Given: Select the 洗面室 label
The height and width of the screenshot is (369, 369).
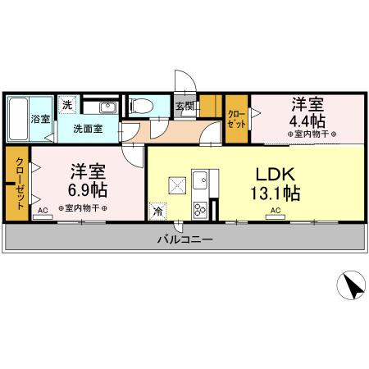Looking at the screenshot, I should pos(86,129).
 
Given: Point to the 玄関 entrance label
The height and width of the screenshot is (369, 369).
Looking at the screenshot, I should pos(184,106).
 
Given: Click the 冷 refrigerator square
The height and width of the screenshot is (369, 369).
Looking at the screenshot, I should pos(157,210).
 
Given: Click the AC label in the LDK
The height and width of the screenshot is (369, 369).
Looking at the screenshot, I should pos(276,211).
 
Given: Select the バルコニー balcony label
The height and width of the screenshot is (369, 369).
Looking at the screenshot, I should pos(184,240).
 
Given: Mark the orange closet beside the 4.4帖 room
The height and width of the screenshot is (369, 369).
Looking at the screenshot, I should pos(237,120).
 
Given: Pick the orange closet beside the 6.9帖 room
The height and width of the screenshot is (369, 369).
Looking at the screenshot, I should pos(17,182).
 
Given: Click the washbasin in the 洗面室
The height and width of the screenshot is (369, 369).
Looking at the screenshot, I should pos(107,107).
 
